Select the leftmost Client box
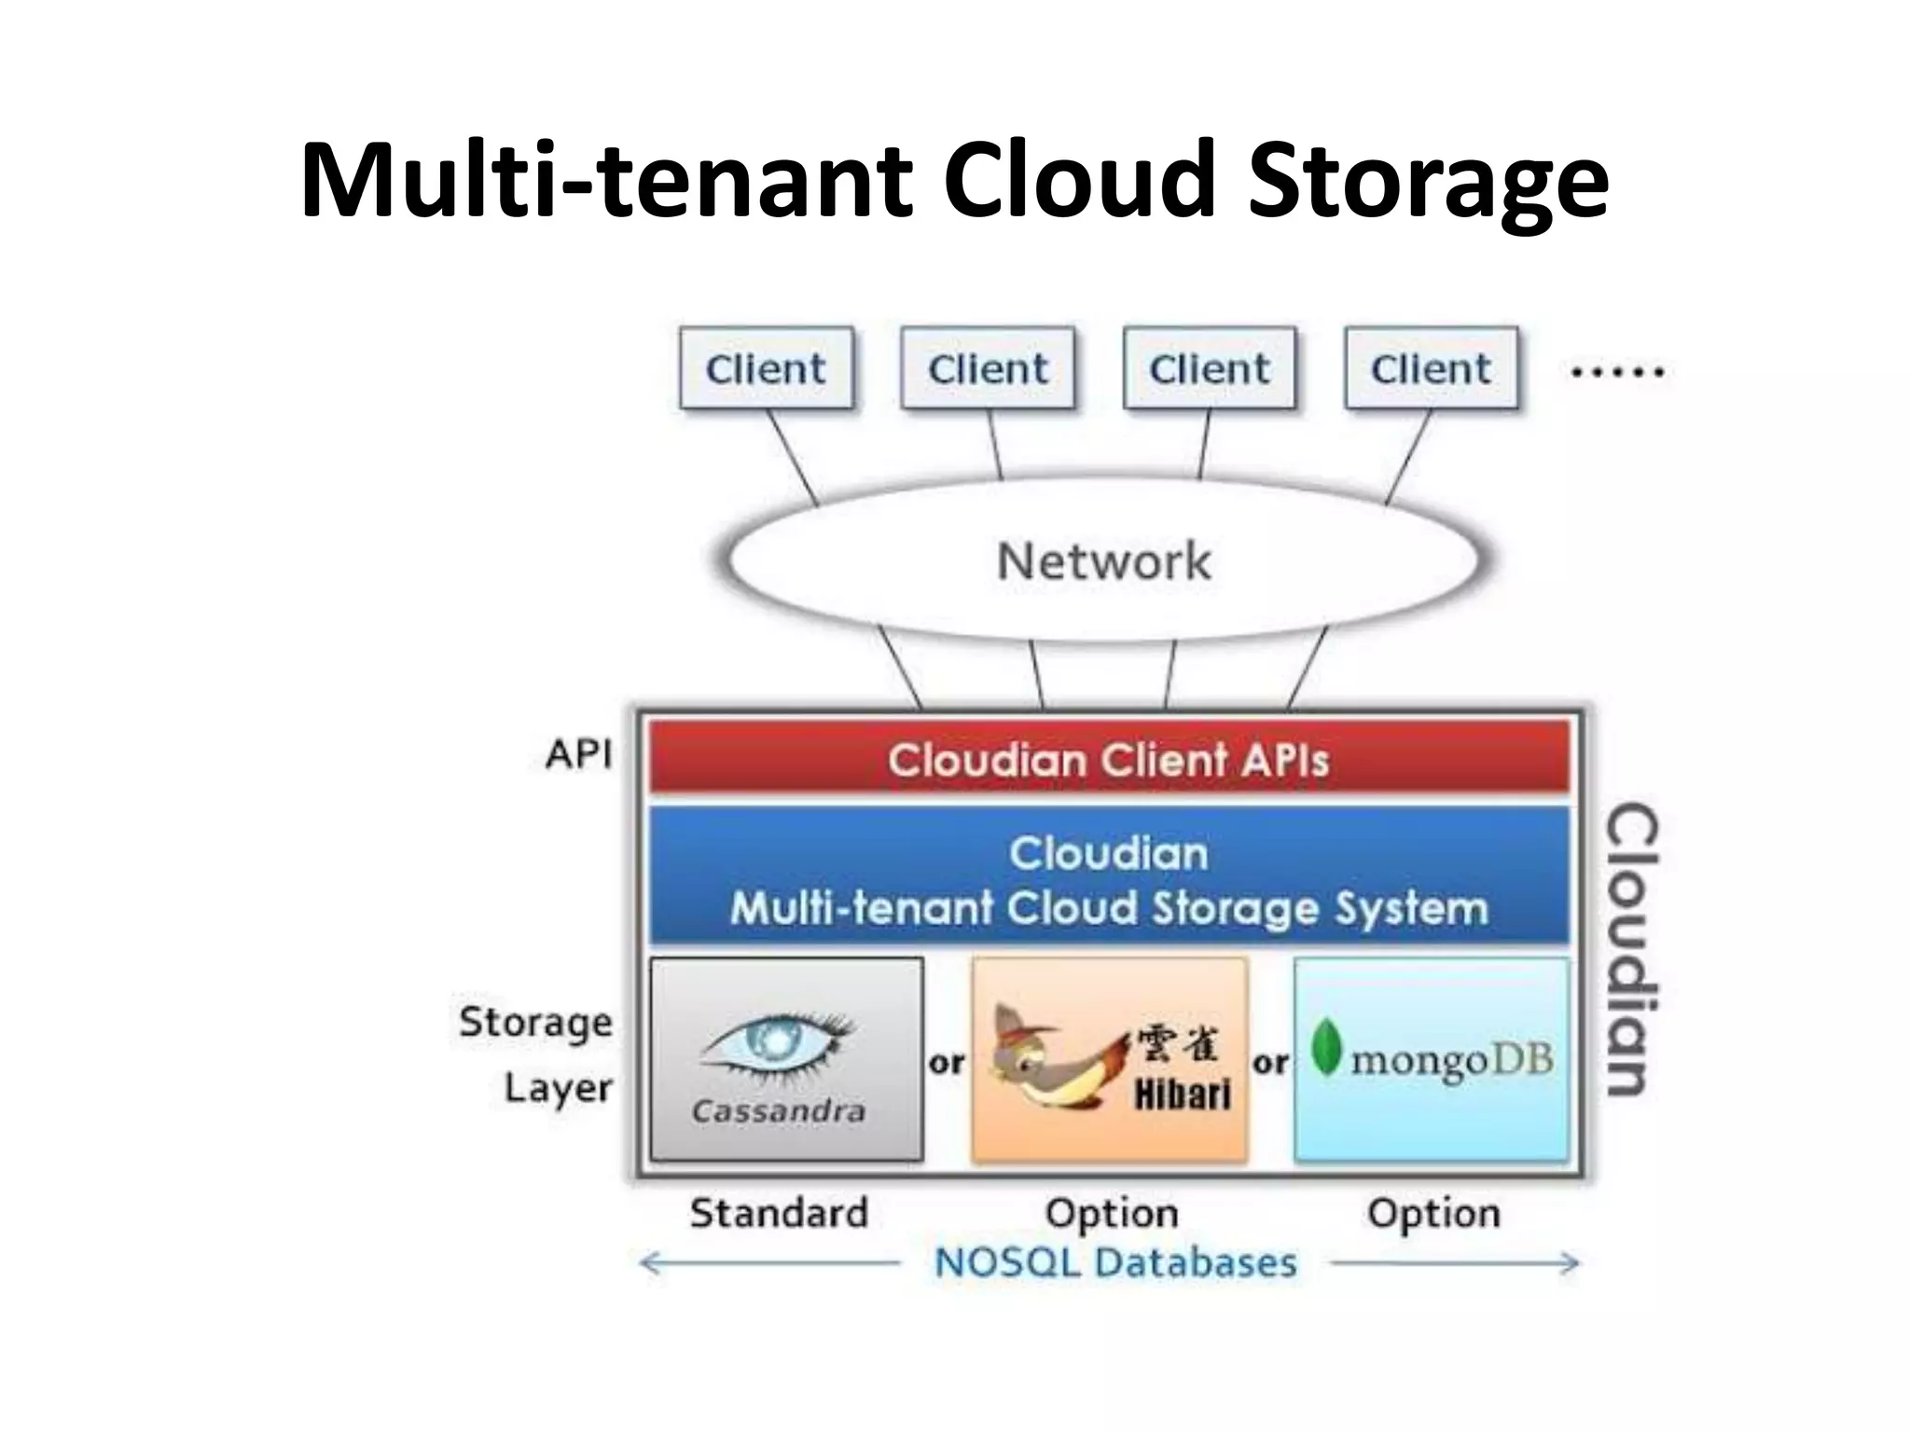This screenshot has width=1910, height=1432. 766,369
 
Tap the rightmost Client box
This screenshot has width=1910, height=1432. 1431,369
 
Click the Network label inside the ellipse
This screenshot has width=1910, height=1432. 1103,561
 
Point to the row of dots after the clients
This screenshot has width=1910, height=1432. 1617,372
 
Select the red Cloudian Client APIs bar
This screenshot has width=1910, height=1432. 1108,760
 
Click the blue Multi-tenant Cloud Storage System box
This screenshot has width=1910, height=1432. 1108,879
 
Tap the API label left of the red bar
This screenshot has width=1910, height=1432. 579,754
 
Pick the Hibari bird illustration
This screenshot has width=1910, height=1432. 1054,1058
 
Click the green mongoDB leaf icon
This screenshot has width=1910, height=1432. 1325,1048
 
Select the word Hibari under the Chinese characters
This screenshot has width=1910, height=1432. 1182,1095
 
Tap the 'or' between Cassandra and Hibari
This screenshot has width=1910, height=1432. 947,1062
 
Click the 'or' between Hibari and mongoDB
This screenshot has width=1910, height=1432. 1270,1062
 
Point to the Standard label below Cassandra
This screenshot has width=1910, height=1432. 779,1213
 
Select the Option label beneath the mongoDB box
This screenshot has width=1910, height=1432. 1433,1213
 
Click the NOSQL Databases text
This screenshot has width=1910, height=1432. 1115,1263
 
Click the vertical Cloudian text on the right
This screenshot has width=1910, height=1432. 1632,948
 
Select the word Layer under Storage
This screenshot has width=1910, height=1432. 558,1088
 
